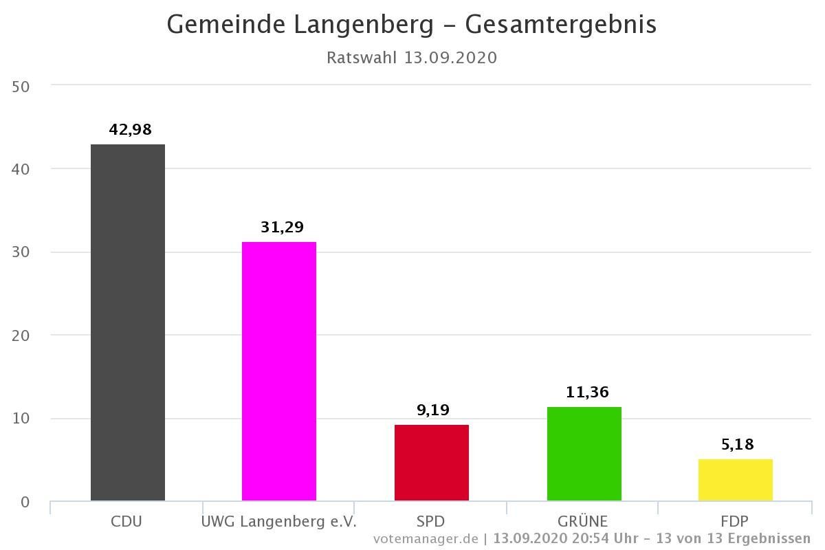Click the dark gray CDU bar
click(128, 322)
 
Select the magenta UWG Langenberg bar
click(279, 371)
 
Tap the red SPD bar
click(432, 463)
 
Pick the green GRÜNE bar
click(584, 454)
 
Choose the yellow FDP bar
click(736, 480)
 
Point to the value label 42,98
click(130, 129)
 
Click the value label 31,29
click(282, 227)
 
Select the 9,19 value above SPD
click(433, 410)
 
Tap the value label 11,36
click(587, 392)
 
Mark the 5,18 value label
click(738, 444)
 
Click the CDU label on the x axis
click(126, 521)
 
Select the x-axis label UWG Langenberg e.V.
click(279, 521)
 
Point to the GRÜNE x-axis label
click(583, 521)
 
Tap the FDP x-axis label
click(735, 521)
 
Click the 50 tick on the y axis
click(21, 86)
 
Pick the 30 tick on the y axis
click(21, 252)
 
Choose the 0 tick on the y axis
click(25, 503)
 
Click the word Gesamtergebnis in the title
click(561, 24)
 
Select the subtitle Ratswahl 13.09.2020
click(411, 57)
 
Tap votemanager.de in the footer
click(426, 538)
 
